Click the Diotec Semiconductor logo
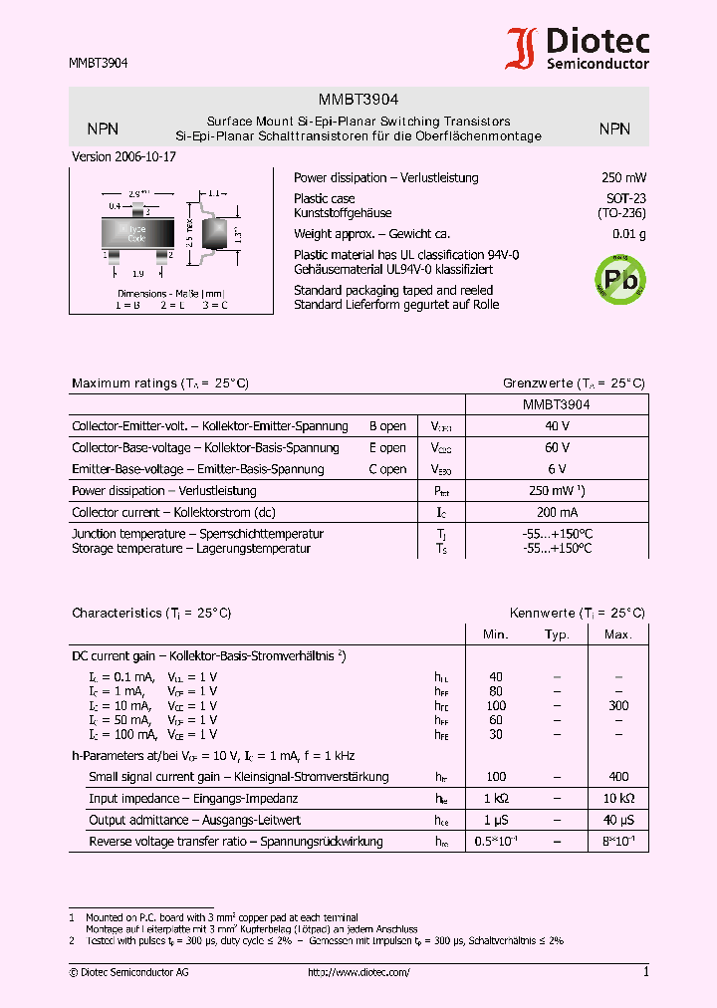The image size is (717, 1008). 578,48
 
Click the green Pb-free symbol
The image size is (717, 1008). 618,280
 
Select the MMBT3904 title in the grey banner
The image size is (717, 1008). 358,100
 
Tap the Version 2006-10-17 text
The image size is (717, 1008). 123,157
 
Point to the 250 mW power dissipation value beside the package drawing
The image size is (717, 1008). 623,178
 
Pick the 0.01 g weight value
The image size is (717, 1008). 628,235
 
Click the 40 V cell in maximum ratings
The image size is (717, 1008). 557,426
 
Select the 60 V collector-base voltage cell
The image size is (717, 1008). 557,448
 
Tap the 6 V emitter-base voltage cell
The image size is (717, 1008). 557,469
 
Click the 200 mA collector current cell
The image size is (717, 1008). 557,512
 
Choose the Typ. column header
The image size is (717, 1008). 557,634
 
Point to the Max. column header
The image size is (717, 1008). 618,634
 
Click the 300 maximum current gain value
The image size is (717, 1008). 618,705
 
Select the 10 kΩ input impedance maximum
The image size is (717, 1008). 618,799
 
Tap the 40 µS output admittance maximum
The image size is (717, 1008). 618,821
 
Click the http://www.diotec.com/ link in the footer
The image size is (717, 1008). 358,972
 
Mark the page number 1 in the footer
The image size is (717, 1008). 645,972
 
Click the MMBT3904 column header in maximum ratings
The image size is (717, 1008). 557,405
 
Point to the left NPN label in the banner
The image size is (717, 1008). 103,128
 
